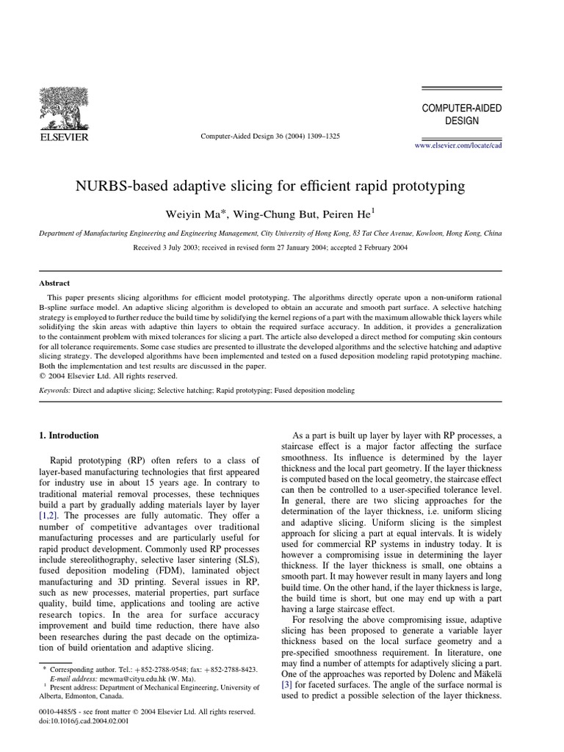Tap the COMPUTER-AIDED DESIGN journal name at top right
pyautogui.click(x=461, y=114)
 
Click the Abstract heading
pyautogui.click(x=54, y=283)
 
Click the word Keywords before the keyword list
pyautogui.click(x=54, y=391)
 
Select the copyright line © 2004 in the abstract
pyautogui.click(x=108, y=375)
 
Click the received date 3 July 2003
pyautogui.click(x=182, y=247)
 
